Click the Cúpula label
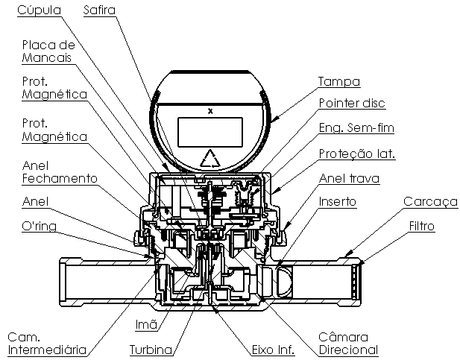(39, 10)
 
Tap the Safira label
(99, 10)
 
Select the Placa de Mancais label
(48, 51)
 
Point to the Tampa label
(339, 81)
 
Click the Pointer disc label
(352, 103)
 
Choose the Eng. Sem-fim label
(356, 128)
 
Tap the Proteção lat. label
(357, 154)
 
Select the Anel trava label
(349, 178)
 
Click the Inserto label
(338, 201)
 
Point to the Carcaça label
(430, 202)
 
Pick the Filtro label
(421, 226)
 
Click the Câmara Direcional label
(348, 344)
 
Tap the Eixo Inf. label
(273, 350)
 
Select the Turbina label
(151, 350)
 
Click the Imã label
(146, 324)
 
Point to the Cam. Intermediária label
(47, 344)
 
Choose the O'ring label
(39, 226)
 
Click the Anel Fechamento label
(60, 172)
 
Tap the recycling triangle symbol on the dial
(210, 159)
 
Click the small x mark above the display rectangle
(210, 111)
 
